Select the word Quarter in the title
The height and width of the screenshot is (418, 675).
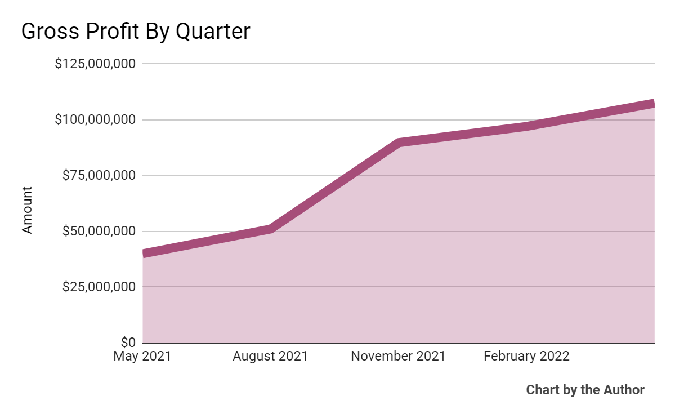tap(213, 32)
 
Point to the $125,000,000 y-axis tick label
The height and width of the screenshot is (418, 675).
tap(95, 64)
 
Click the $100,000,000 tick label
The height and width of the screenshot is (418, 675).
tap(95, 120)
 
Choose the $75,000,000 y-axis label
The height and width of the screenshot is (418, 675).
tap(99, 175)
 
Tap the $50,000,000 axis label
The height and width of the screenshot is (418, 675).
tap(99, 231)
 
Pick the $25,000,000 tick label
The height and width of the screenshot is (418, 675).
tap(99, 287)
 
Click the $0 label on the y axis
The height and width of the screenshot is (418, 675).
tap(128, 342)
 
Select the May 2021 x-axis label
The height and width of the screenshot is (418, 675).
tap(142, 357)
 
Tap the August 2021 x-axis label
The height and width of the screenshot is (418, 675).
tap(270, 357)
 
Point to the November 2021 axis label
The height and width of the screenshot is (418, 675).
tap(398, 357)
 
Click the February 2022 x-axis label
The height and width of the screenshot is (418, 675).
tap(526, 357)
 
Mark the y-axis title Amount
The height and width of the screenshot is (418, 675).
tap(28, 210)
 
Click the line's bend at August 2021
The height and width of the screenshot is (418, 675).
tap(271, 229)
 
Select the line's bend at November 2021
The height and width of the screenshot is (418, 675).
tap(399, 143)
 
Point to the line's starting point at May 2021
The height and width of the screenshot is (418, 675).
tap(145, 254)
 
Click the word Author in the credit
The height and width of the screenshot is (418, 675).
tap(624, 390)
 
